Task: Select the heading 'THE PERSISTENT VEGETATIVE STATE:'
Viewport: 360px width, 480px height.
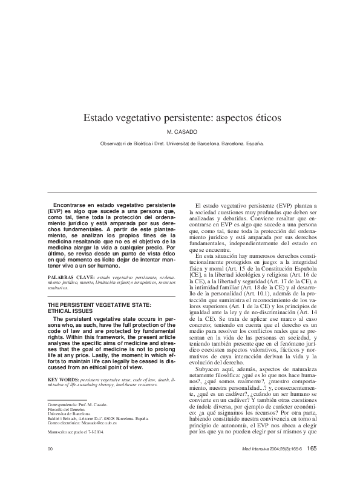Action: tap(99, 304)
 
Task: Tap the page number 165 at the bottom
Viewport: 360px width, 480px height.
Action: tap(312, 465)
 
